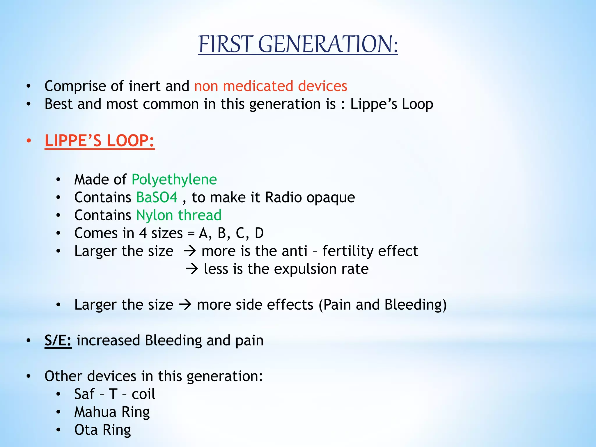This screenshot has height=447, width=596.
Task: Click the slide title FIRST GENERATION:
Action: coord(298,44)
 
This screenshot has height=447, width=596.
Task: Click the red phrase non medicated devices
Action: coord(271,86)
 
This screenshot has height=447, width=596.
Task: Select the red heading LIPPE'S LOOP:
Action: coord(100,141)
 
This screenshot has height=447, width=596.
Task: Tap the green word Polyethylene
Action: coord(174,180)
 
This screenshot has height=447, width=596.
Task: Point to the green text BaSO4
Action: coord(157,198)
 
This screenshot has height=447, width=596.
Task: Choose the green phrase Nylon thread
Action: coord(179,215)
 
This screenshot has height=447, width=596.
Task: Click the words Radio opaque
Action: coord(310,198)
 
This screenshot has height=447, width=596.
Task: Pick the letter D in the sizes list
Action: coord(259,233)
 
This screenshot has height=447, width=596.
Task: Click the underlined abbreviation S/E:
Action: coord(58,340)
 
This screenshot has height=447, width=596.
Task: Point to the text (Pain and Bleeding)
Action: coord(382,305)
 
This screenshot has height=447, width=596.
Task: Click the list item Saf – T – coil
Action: coord(115,394)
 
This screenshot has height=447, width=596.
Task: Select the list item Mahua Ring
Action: coord(112,412)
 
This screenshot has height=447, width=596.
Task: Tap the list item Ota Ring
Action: coord(102,430)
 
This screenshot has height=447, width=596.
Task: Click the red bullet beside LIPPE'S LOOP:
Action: coord(29,141)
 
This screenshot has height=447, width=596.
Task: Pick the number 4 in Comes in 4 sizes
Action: coord(143,233)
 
